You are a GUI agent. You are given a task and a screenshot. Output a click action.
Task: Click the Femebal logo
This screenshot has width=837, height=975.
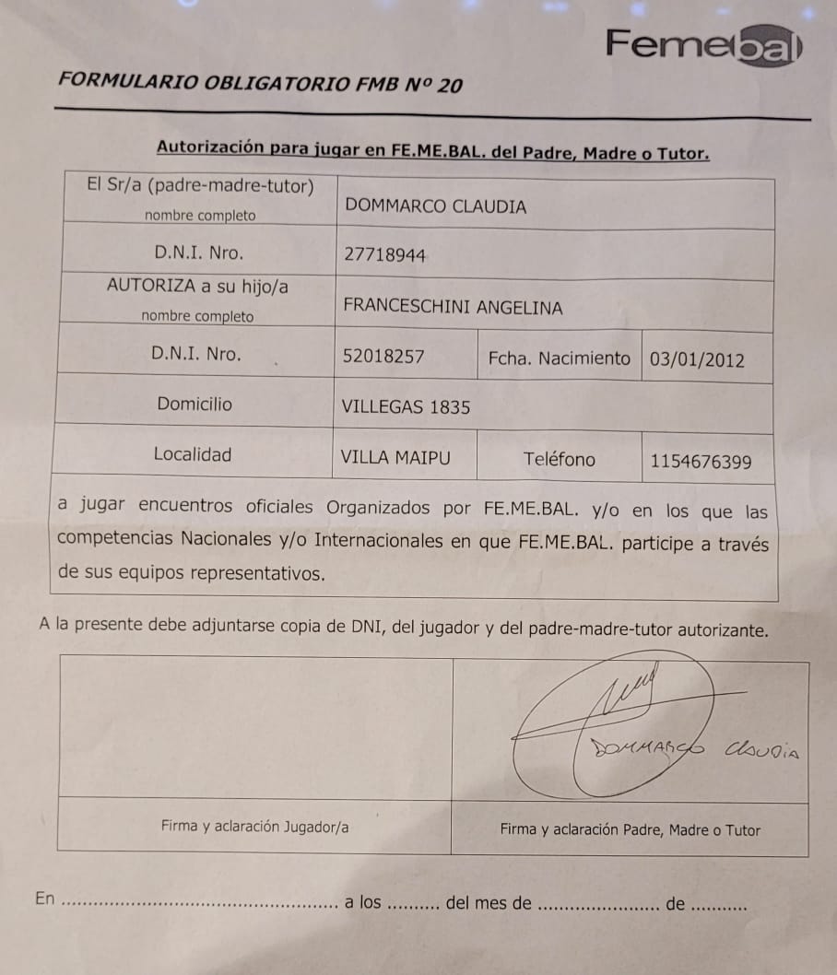pyautogui.click(x=703, y=45)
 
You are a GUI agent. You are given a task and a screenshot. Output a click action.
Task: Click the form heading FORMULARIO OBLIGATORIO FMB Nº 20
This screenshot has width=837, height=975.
pyautogui.click(x=260, y=82)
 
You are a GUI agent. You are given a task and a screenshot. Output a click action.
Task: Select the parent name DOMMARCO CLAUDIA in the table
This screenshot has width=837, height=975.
pyautogui.click(x=435, y=206)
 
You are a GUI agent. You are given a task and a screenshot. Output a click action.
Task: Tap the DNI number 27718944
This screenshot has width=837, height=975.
pyautogui.click(x=384, y=255)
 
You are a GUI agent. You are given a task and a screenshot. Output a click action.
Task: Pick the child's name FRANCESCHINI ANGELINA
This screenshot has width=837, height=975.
pyautogui.click(x=452, y=307)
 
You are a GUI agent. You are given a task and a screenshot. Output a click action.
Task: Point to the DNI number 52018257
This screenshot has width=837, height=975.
pyautogui.click(x=383, y=356)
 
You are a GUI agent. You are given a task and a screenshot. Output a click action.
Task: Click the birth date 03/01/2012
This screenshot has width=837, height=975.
pyautogui.click(x=697, y=359)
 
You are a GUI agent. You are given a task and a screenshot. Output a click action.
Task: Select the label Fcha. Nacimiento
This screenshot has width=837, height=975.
pyautogui.click(x=559, y=358)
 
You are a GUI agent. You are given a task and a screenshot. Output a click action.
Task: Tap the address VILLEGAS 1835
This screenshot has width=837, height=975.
pyautogui.click(x=405, y=406)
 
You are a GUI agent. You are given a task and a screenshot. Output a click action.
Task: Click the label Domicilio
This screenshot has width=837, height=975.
pyautogui.click(x=195, y=404)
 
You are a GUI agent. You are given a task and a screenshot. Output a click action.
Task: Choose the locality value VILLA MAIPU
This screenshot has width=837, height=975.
pyautogui.click(x=395, y=456)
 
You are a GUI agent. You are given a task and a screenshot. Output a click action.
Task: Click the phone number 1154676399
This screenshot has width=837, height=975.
pyautogui.click(x=701, y=462)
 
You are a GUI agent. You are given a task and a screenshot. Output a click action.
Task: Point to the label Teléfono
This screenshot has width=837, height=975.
pyautogui.click(x=559, y=459)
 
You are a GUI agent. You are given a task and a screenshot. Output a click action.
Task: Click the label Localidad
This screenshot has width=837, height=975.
pyautogui.click(x=193, y=454)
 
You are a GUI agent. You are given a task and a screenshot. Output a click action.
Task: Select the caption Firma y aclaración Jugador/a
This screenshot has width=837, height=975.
pyautogui.click(x=254, y=827)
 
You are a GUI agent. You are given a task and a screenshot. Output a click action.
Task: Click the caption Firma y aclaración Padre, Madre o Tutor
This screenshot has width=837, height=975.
pyautogui.click(x=630, y=829)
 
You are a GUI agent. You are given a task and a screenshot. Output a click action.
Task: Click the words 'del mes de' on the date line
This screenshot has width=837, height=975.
pyautogui.click(x=488, y=903)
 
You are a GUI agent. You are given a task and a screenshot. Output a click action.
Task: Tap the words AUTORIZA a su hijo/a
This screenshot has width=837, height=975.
pyautogui.click(x=196, y=286)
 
